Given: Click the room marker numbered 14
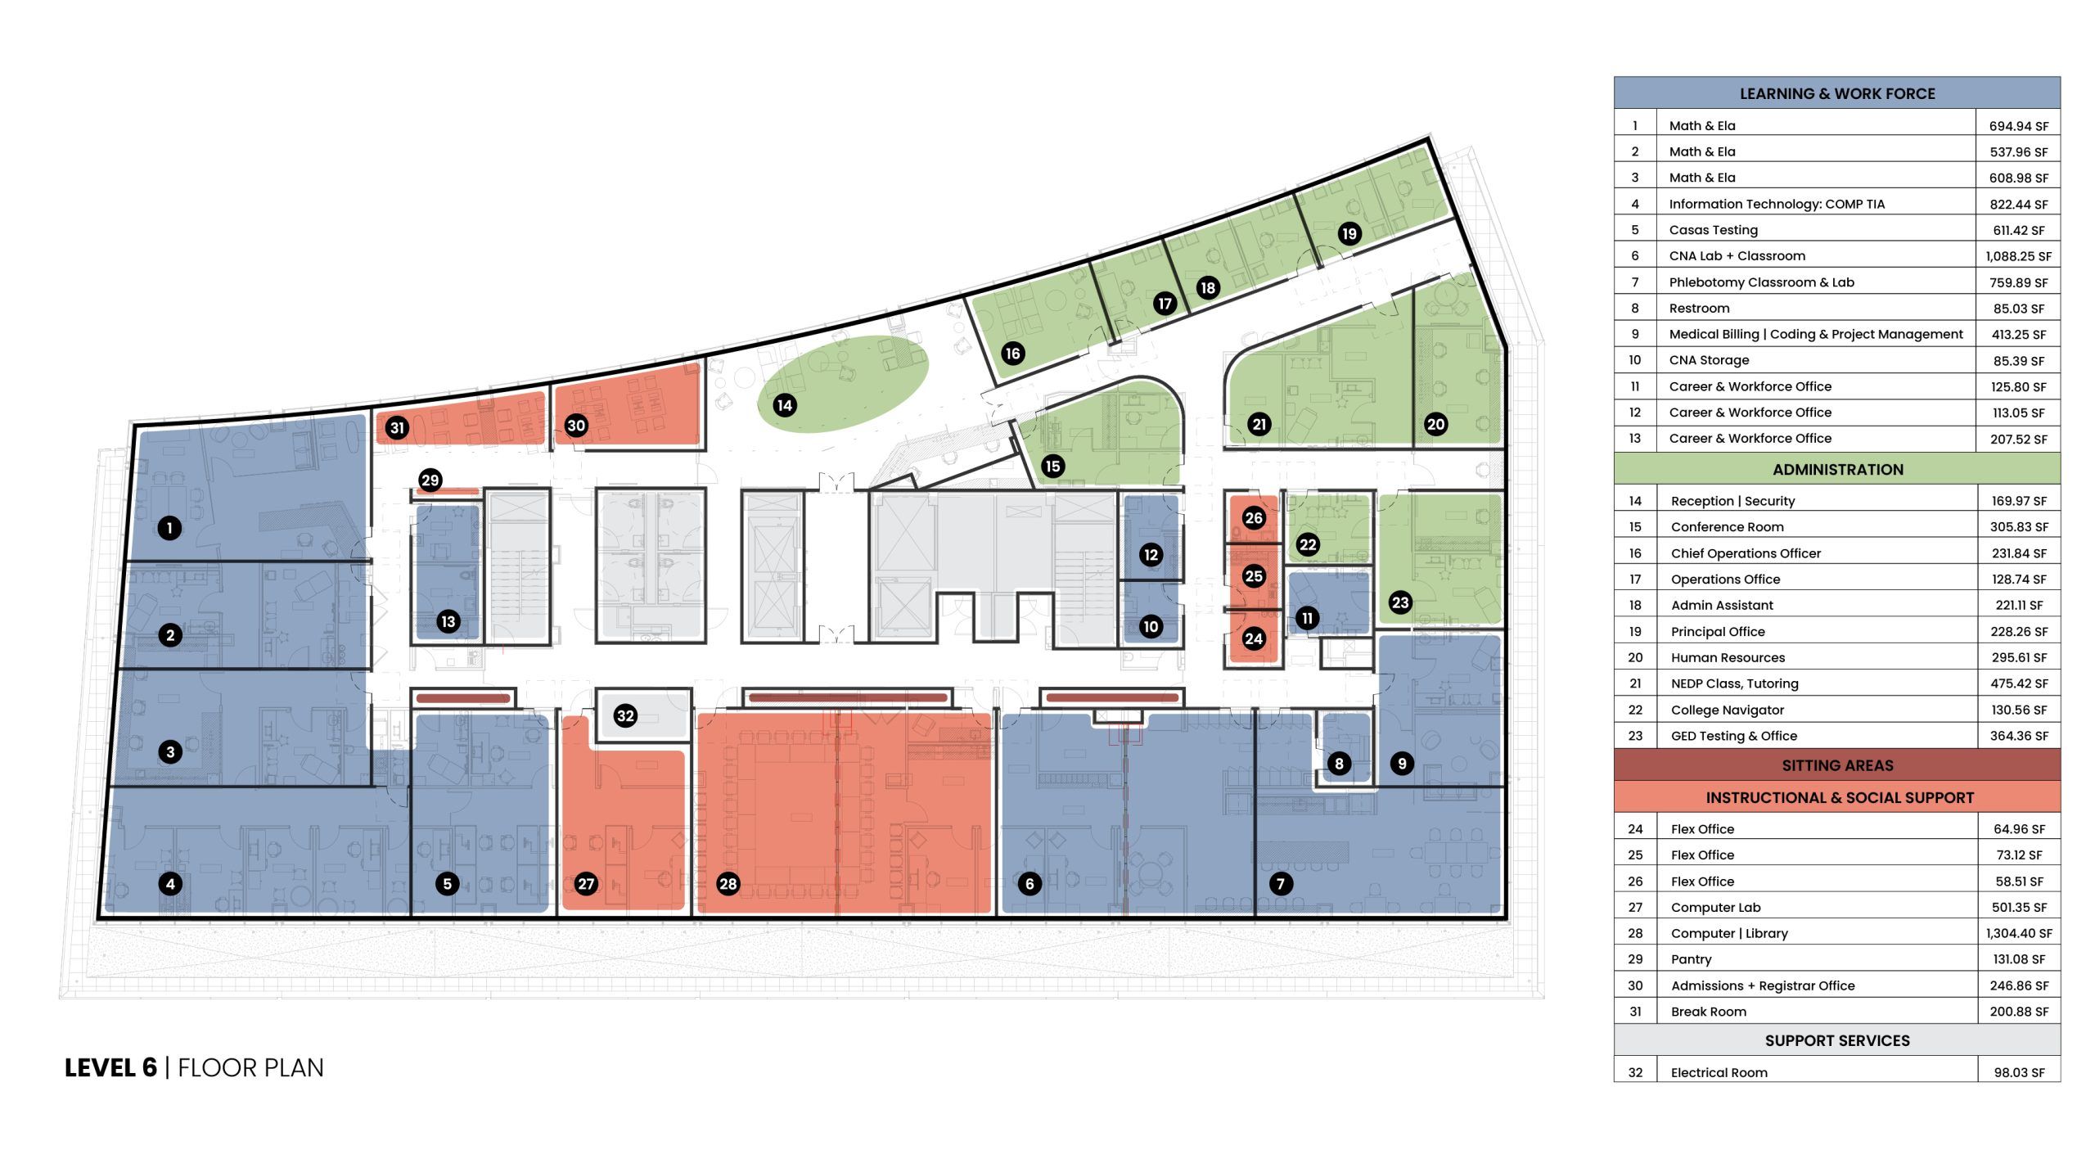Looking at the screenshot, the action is point(785,404).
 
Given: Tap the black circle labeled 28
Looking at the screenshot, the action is point(728,883).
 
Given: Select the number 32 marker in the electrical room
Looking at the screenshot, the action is point(625,715).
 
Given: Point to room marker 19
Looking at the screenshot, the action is point(1349,233).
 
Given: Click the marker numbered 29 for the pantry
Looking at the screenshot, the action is point(430,480).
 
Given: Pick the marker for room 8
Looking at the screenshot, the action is point(1339,764).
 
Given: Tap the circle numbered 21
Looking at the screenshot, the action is point(1259,423).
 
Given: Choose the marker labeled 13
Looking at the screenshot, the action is point(448,621).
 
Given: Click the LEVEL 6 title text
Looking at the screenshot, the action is point(110,1067).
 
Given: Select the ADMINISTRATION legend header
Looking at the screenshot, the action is point(1837,469).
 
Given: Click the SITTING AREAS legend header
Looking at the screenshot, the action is point(1837,765).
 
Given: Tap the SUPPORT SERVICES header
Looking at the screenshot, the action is point(1837,1040).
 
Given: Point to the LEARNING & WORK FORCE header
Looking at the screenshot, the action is point(1837,93).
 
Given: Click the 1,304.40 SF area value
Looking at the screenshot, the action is point(2019,933).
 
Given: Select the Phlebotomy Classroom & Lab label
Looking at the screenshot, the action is point(1761,282).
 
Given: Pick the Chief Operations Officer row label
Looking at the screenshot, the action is point(1746,553).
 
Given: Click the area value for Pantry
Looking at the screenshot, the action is point(2019,959).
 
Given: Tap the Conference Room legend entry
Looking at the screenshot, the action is point(1727,527).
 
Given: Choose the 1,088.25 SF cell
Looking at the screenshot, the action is point(2019,256).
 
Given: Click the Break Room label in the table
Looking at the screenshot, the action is point(1708,1012).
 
